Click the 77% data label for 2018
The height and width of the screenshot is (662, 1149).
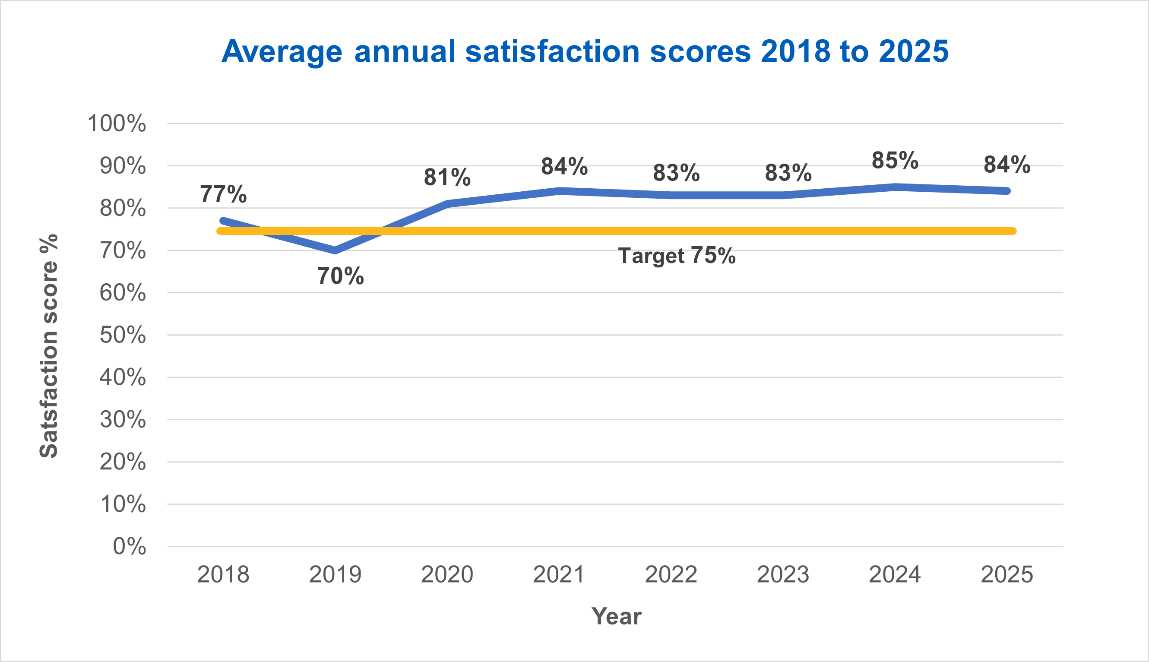point(223,194)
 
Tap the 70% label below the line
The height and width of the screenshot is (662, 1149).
point(340,276)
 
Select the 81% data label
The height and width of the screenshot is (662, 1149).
point(447,177)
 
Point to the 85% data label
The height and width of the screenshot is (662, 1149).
point(895,161)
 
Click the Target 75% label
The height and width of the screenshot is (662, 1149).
point(677,256)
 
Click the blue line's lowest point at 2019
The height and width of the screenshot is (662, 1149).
point(336,250)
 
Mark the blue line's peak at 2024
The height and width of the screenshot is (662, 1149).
point(895,187)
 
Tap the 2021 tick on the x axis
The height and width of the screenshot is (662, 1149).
point(559,575)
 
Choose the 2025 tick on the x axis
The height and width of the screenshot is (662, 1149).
point(1007,575)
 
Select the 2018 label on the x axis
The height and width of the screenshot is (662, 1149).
point(223,575)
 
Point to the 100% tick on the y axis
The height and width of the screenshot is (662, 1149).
point(117,124)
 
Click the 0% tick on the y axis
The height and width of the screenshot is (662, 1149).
point(130,547)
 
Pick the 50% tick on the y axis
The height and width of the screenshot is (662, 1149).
point(123,335)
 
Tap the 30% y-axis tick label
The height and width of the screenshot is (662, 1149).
point(123,420)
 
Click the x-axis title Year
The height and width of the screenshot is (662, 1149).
point(616,617)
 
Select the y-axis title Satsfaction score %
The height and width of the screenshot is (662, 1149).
point(49,346)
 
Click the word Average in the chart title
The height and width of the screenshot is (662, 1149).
point(282,51)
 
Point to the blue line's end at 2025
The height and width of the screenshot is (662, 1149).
point(1007,191)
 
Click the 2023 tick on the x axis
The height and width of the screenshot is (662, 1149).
point(783,575)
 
